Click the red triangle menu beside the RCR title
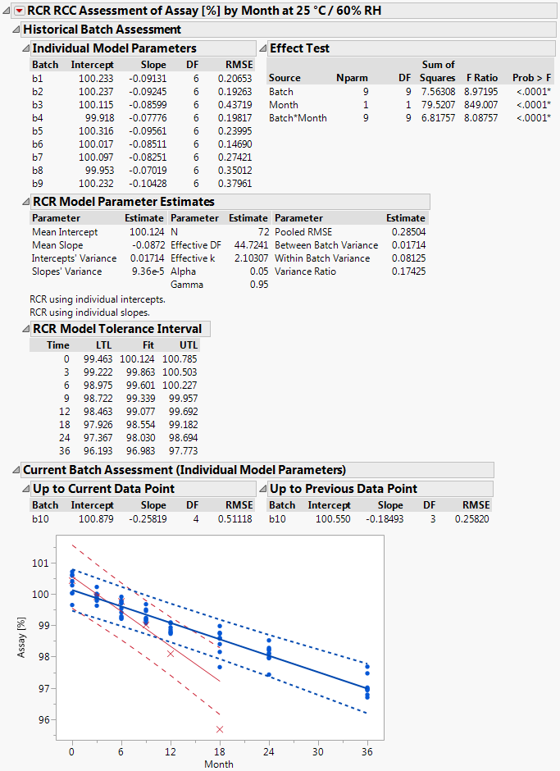(x=20, y=11)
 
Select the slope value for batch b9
(x=148, y=184)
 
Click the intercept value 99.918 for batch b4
(x=96, y=118)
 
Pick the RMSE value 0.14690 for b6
(x=236, y=144)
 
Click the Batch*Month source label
(x=298, y=118)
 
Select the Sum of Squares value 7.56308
(x=437, y=92)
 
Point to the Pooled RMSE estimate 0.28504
(x=408, y=232)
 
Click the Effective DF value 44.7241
(x=250, y=245)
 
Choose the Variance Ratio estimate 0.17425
(x=408, y=271)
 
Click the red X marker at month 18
(x=220, y=729)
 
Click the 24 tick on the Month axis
(x=269, y=750)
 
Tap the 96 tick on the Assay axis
(x=40, y=719)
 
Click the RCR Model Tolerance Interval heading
(x=116, y=329)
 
